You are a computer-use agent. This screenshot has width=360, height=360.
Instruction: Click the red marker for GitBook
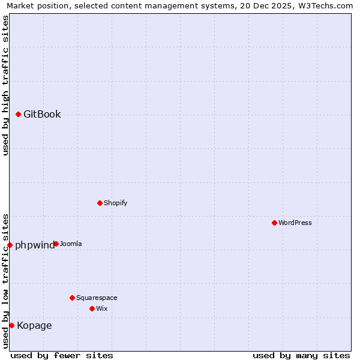pyautogui.click(x=18, y=115)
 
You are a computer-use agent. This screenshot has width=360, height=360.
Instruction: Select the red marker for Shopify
pyautogui.click(x=100, y=203)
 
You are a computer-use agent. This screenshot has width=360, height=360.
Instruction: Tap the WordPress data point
pyautogui.click(x=274, y=223)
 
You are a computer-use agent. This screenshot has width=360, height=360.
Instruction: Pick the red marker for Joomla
pyautogui.click(x=56, y=244)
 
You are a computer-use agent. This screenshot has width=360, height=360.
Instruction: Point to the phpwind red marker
pyautogui.click(x=10, y=245)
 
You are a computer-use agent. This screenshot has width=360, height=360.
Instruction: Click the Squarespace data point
pyautogui.click(x=72, y=298)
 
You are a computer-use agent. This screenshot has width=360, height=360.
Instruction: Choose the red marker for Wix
pyautogui.click(x=92, y=308)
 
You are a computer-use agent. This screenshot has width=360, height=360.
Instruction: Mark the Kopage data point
pyautogui.click(x=11, y=325)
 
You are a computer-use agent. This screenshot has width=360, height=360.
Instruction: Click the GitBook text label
pyautogui.click(x=42, y=115)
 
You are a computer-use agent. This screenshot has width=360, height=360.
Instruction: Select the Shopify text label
pyautogui.click(x=115, y=203)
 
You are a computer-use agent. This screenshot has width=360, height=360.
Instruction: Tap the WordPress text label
pyautogui.click(x=295, y=223)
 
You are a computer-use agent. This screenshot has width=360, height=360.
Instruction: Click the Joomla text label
pyautogui.click(x=71, y=244)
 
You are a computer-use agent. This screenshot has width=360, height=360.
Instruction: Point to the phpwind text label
pyautogui.click(x=34, y=245)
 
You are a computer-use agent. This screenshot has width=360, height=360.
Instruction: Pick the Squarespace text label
pyautogui.click(x=97, y=298)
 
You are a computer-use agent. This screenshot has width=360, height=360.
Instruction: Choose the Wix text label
pyautogui.click(x=101, y=308)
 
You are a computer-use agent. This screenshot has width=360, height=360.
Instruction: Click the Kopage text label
pyautogui.click(x=34, y=326)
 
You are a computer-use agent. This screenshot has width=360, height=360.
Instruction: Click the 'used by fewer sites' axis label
pyautogui.click(x=62, y=355)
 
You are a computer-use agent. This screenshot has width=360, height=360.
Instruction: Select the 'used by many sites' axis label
pyautogui.click(x=301, y=355)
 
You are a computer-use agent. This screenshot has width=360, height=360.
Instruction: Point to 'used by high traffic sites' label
pyautogui.click(x=6, y=85)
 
